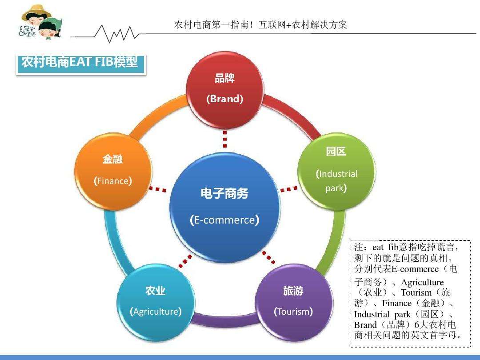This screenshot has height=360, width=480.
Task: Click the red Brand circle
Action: [225, 89]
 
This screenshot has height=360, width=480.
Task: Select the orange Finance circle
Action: [113, 171]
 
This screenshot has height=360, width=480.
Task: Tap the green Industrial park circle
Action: [336, 171]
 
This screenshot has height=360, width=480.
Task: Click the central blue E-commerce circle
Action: [225, 208]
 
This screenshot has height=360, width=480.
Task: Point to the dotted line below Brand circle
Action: [225, 139]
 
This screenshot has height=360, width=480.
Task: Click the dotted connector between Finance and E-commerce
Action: [157, 189]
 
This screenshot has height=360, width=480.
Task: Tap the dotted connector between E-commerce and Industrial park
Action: [289, 189]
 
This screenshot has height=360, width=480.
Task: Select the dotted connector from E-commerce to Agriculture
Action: [185, 261]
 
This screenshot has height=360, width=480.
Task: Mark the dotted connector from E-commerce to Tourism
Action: [268, 257]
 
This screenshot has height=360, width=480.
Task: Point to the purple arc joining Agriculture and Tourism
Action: [225, 321]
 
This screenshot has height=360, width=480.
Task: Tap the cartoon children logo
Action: [40, 22]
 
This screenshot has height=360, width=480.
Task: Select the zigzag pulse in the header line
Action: [116, 34]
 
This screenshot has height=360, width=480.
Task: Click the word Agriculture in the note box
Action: [422, 282]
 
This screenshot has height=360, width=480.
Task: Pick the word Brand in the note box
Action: [365, 324]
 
